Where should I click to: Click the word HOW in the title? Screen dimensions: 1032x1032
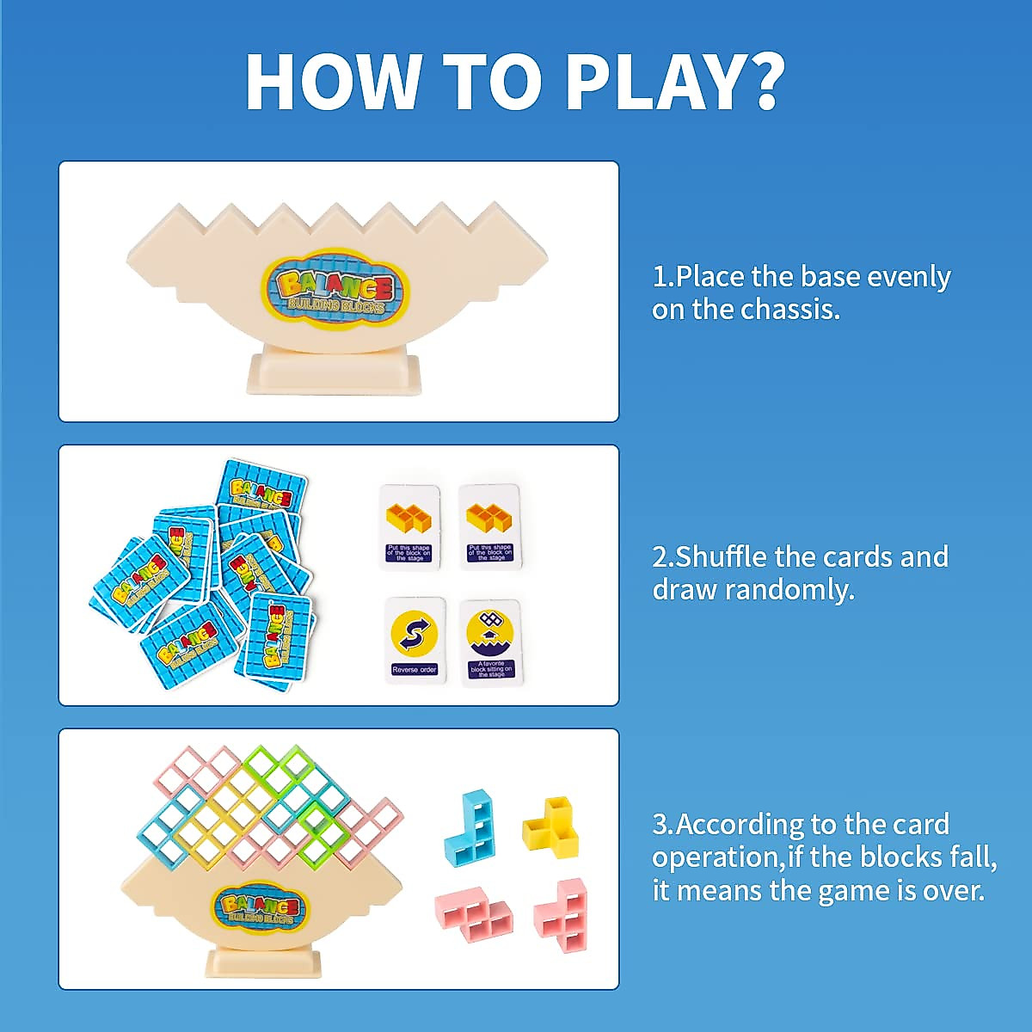330,82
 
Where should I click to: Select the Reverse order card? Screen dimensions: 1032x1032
415,641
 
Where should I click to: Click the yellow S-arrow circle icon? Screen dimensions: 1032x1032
414,632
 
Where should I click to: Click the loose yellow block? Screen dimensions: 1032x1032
551,826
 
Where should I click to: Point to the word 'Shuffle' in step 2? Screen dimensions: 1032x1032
721,556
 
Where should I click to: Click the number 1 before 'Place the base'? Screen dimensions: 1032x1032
660,277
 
